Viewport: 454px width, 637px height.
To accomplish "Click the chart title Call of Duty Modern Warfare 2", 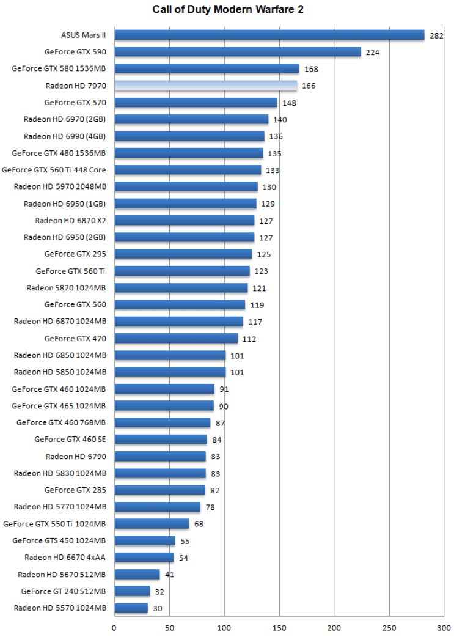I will pyautogui.click(x=227, y=9).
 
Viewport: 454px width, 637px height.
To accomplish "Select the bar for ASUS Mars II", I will pyautogui.click(x=269, y=35).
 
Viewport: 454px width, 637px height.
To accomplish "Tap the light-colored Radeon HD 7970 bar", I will pyautogui.click(x=205, y=86).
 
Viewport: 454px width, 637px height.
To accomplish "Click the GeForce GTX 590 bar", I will pyautogui.click(x=237, y=52).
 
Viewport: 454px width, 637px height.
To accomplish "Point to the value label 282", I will pyautogui.click(x=436, y=35).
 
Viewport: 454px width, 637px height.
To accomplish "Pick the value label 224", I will pyautogui.click(x=373, y=53).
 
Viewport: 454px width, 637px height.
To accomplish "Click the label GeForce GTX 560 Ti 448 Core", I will pyautogui.click(x=54, y=170).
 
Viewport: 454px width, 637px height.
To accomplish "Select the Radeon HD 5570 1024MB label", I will pyautogui.click(x=60, y=608).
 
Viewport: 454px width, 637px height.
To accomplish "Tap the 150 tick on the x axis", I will pyautogui.click(x=279, y=628).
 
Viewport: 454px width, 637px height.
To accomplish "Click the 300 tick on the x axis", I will pyautogui.click(x=444, y=628).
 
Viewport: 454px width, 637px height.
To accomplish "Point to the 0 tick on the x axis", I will pyautogui.click(x=114, y=628).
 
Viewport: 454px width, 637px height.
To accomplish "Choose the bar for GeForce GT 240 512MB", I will pyautogui.click(x=132, y=591).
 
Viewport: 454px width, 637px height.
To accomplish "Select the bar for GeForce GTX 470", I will pyautogui.click(x=176, y=338).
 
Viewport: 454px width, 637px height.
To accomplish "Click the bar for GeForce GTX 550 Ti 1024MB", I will pyautogui.click(x=152, y=523).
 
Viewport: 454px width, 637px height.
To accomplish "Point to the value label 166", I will pyautogui.click(x=309, y=86).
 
